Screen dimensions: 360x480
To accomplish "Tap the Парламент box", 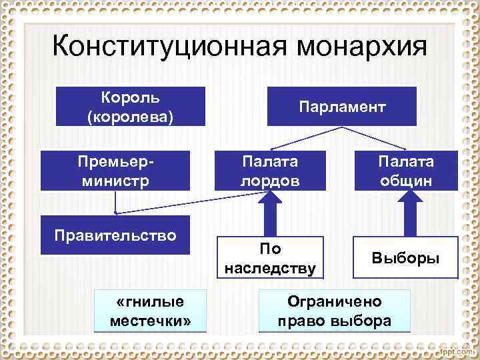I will [x=342, y=107].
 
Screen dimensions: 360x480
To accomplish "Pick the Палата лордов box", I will [x=271, y=170].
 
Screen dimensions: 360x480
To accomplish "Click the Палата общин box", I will [x=405, y=170].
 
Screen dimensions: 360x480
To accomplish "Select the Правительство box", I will [x=115, y=235].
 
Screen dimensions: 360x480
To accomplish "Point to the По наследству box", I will [x=271, y=257].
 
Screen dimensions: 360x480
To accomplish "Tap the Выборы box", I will [x=405, y=257].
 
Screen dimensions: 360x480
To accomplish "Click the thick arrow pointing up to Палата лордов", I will [x=271, y=213].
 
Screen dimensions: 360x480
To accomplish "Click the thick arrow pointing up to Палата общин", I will [x=405, y=213].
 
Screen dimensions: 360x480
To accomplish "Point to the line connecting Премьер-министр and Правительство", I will [x=115, y=202].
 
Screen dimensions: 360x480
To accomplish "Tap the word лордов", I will [x=271, y=180].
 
